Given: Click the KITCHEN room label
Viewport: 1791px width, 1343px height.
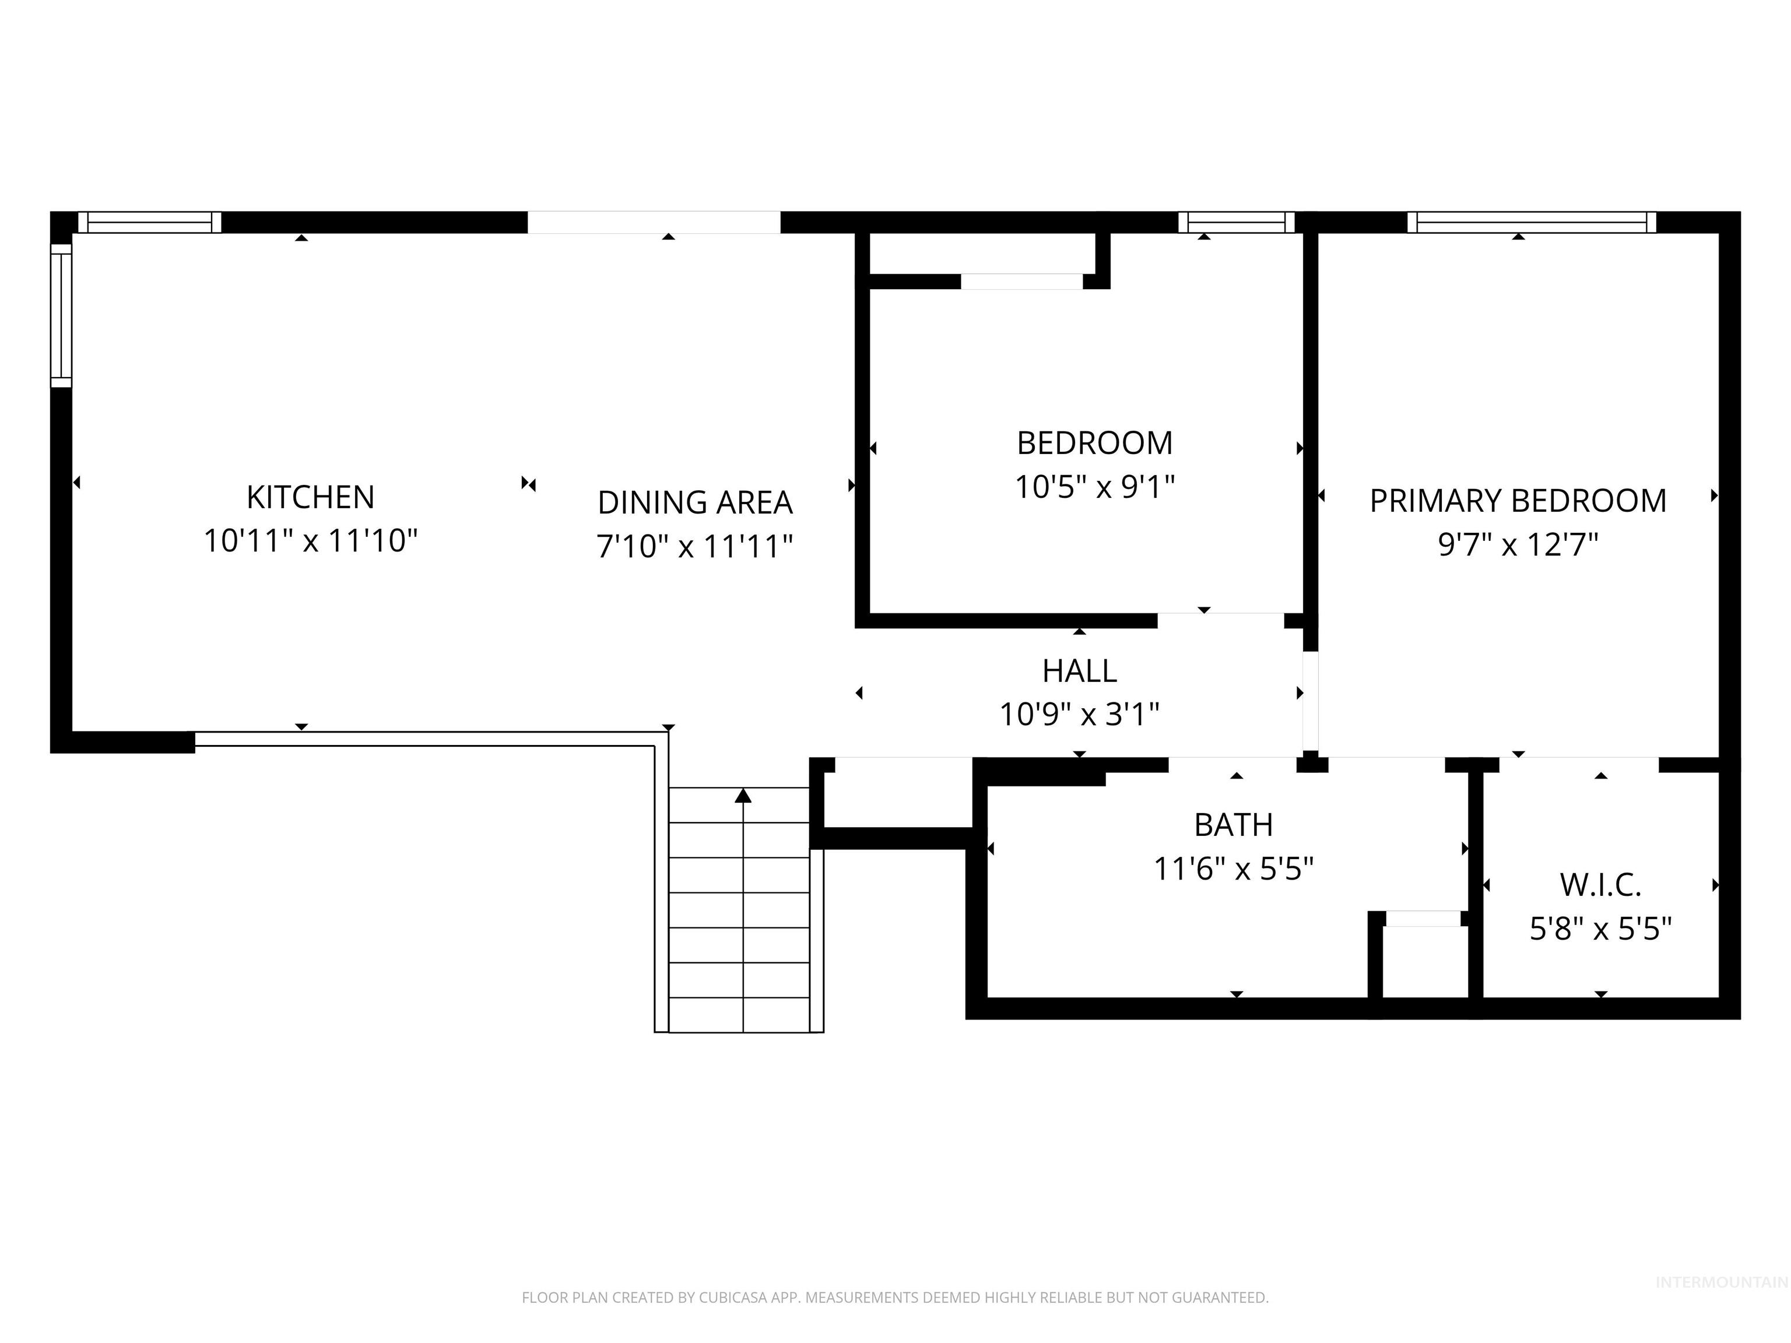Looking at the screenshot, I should [310, 497].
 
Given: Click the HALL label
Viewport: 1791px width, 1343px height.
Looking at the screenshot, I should [1079, 670].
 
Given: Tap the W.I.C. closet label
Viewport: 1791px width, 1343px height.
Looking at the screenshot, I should [1600, 885].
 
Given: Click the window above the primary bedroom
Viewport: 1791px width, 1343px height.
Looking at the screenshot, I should [1531, 222].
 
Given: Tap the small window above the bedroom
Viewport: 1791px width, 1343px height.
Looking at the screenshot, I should [1235, 222].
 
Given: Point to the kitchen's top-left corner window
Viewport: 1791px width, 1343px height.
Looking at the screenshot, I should [149, 222].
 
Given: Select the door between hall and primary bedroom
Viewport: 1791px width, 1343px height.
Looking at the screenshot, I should [1310, 702].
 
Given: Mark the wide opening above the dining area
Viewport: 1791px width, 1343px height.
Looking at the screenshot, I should [654, 223].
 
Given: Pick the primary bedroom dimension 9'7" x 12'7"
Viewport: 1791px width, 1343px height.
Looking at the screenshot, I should [1518, 545].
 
